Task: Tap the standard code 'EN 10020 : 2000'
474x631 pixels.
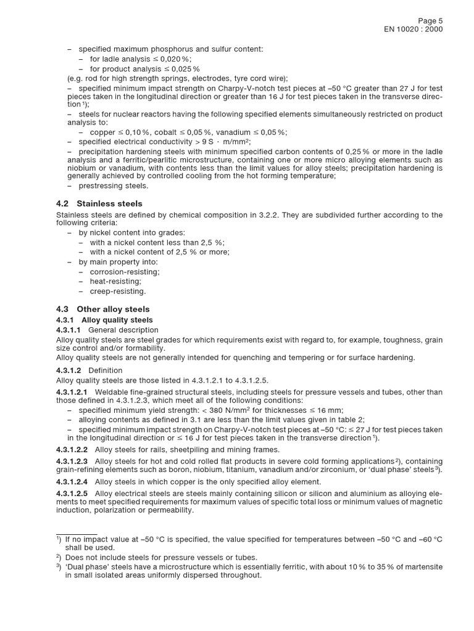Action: click(414, 29)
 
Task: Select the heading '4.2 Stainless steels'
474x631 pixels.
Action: click(99, 203)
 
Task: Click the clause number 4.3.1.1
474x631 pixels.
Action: click(69, 330)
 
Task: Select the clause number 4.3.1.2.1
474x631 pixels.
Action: click(72, 392)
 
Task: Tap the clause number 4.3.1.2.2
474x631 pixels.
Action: click(72, 449)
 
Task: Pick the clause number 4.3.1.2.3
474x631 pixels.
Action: click(72, 461)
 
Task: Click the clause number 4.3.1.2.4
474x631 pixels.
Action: click(72, 481)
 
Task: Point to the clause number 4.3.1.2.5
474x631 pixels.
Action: click(72, 494)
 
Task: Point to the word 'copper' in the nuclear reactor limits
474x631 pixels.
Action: click(102, 132)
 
